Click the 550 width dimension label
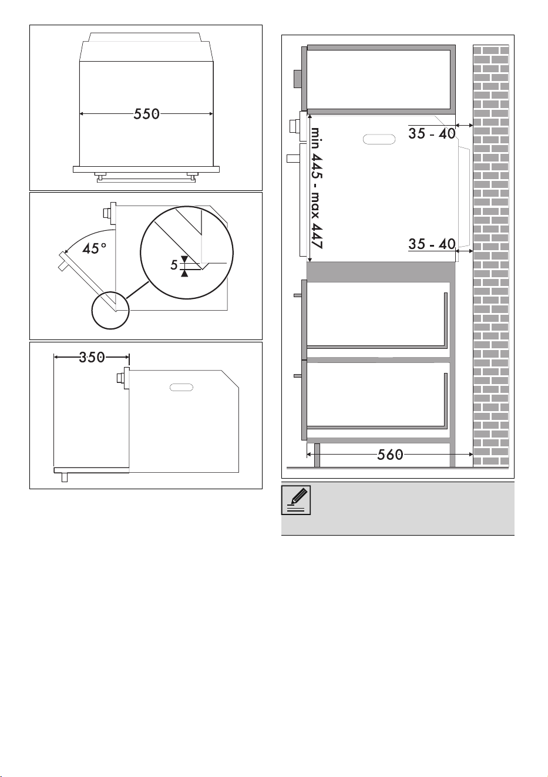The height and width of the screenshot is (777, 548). (x=146, y=114)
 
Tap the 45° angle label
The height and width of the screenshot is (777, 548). (x=94, y=248)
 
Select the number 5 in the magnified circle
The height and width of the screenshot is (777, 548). (x=174, y=265)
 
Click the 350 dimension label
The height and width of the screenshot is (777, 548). (x=92, y=357)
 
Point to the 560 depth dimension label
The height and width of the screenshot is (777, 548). (x=390, y=455)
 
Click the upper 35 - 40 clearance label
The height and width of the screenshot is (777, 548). (x=432, y=133)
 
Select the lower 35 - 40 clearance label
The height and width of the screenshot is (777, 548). (x=432, y=244)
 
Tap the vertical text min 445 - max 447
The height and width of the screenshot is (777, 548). (x=317, y=188)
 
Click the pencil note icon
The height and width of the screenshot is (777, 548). (x=296, y=500)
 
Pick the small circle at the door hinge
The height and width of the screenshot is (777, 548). (x=110, y=310)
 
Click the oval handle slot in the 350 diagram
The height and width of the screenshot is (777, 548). (x=181, y=387)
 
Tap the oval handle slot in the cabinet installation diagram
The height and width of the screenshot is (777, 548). (x=379, y=139)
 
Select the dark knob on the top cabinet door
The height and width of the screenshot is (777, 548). (x=298, y=79)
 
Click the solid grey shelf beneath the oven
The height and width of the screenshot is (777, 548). (x=381, y=272)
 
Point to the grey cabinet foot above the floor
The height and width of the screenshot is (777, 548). (x=317, y=455)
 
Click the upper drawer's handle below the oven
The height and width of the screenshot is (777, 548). (x=298, y=295)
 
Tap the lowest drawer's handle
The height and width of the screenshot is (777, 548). (x=298, y=376)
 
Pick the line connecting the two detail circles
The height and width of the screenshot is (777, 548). (x=137, y=290)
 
